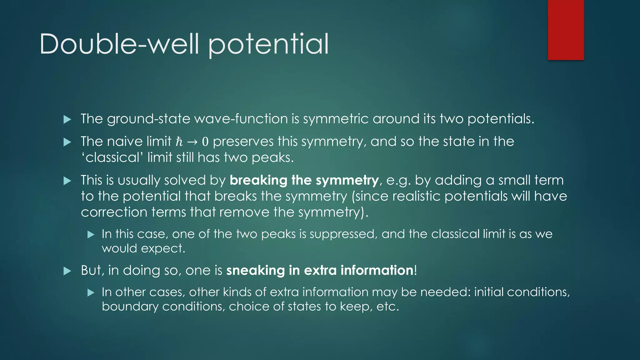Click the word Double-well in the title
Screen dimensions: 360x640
119,44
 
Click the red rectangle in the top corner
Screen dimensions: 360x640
566,30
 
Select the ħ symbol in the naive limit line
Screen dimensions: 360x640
179,142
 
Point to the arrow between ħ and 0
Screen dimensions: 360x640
192,142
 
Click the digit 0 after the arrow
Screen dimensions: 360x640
205,142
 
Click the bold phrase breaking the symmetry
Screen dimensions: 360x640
304,180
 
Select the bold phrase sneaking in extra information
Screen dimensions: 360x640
320,270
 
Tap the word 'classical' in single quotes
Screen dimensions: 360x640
112,157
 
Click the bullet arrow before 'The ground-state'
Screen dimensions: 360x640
67,119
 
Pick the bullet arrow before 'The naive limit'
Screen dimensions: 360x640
67,142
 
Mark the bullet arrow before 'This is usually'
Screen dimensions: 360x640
67,181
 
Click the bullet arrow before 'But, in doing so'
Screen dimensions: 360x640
67,271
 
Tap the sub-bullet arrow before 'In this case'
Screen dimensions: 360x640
91,234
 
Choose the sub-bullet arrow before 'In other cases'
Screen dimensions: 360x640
91,292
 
